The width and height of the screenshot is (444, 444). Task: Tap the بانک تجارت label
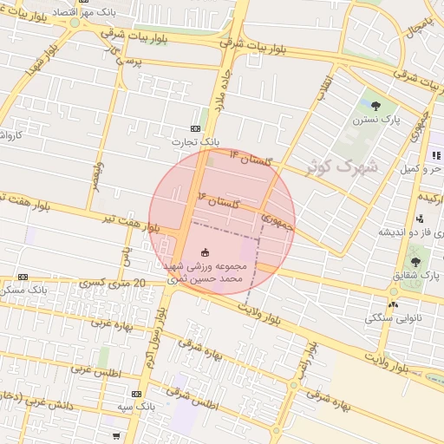point(194,141)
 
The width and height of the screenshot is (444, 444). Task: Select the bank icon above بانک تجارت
point(195,128)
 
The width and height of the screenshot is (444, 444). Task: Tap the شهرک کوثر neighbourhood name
point(343,166)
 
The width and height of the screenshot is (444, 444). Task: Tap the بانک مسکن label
point(22,289)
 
